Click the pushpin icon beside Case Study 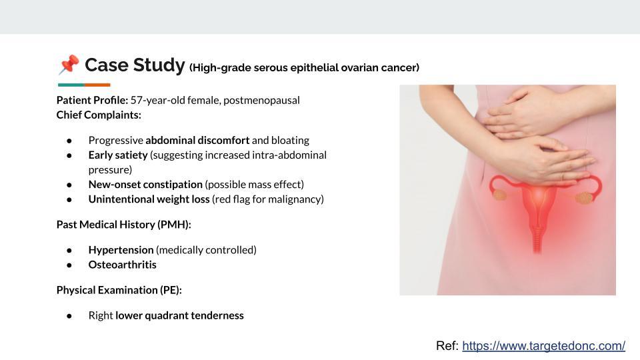click(69, 65)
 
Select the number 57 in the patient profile click(137, 100)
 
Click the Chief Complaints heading click(99, 115)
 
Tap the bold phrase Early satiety click(117, 155)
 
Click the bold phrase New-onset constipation click(145, 184)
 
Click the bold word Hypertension click(121, 250)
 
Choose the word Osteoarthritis click(123, 265)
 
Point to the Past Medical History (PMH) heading click(123, 225)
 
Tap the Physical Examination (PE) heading click(119, 290)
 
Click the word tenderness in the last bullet click(217, 315)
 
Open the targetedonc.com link click(543, 345)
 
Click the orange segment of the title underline click(97, 85)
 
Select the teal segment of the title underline click(71, 85)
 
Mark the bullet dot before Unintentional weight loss click(69, 199)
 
